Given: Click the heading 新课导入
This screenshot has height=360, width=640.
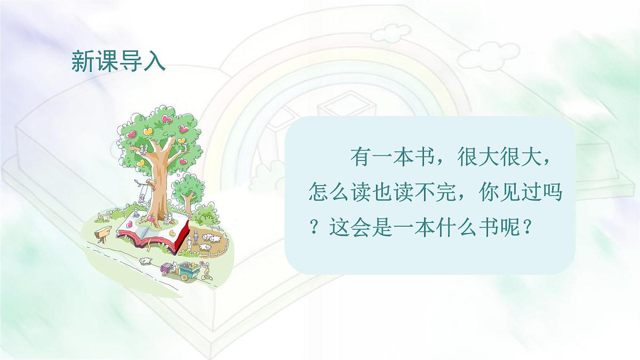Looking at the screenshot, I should pos(118,62).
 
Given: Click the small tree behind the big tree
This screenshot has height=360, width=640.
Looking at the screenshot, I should pos(187,190).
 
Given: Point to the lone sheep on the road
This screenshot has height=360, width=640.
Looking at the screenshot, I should pos(145,261).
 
